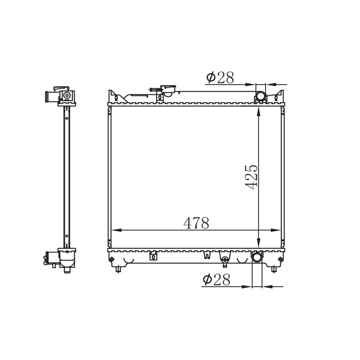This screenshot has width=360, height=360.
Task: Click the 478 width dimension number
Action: point(196,223)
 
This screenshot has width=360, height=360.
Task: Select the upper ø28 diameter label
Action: point(220,78)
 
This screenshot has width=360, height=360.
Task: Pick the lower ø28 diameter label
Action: point(216,280)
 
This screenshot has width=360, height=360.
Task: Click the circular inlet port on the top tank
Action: point(261,97)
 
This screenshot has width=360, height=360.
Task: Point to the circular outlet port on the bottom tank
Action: point(256,257)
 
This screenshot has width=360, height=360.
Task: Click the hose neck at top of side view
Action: point(49,97)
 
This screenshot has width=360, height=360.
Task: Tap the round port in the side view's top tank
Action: point(67,96)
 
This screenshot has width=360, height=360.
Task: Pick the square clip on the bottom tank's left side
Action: point(153,256)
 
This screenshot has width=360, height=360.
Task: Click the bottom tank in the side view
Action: point(67,259)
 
